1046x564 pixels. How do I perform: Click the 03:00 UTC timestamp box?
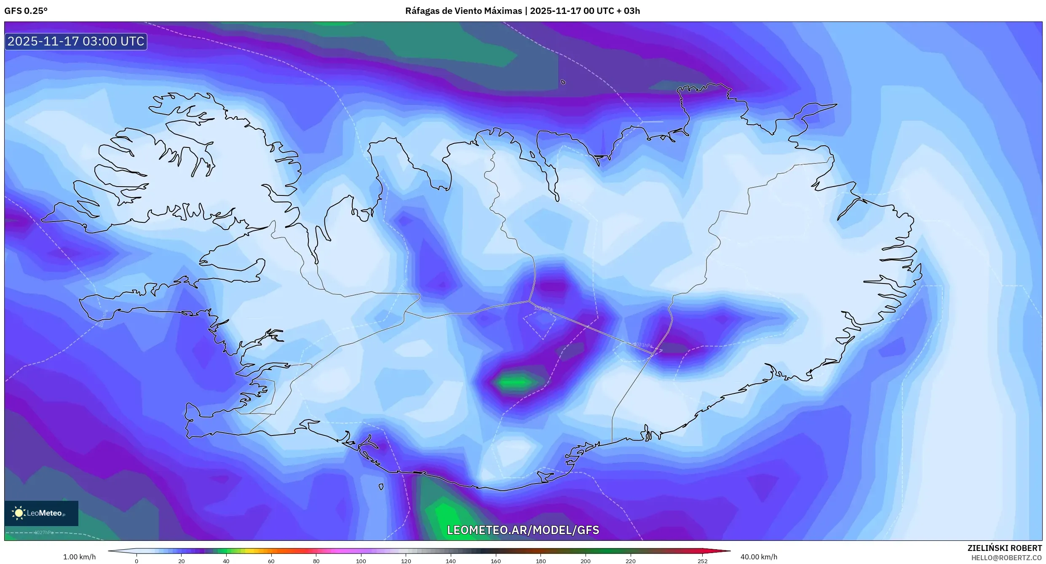point(76,41)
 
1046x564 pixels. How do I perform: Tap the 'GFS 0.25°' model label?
point(26,11)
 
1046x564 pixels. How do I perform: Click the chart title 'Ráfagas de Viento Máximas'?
point(463,11)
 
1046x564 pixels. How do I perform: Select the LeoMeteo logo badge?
point(41,513)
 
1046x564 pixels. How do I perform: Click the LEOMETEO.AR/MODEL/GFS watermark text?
point(523,530)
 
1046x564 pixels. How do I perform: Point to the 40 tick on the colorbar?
point(226,561)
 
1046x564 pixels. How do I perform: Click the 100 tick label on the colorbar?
point(361,561)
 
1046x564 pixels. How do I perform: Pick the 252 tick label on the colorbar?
point(702,561)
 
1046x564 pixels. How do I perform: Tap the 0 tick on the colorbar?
point(136,561)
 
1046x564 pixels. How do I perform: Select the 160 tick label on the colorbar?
point(495,561)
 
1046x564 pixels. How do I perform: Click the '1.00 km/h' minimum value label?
point(79,557)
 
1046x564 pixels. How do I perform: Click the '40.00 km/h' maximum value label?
point(759,557)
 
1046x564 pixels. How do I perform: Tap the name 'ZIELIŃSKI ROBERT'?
point(1004,548)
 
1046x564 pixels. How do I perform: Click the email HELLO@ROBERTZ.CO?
point(1006,558)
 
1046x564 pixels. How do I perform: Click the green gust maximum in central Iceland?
point(515,382)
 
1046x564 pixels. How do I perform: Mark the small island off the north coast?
point(563,82)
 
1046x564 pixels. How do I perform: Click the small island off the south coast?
point(381,487)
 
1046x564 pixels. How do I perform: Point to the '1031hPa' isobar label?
point(643,345)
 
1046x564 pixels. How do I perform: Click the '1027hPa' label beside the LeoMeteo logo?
point(44,532)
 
